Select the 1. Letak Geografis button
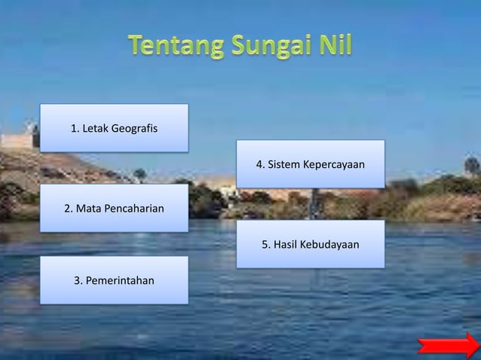click(114, 128)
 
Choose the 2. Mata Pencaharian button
click(114, 208)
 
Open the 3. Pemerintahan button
click(114, 281)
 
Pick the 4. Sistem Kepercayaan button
click(311, 163)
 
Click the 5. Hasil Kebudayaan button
click(311, 244)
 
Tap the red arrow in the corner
click(449, 346)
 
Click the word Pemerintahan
click(121, 281)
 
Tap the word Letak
click(94, 128)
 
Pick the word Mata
click(87, 208)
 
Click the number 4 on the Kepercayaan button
click(260, 163)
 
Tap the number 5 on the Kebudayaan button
click(265, 244)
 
